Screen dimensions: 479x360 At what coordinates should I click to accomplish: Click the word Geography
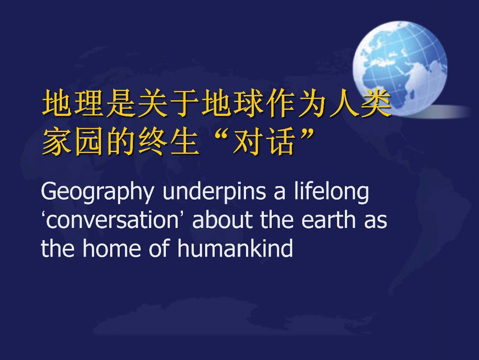click(x=97, y=193)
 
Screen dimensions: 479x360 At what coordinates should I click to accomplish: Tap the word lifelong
click(x=331, y=192)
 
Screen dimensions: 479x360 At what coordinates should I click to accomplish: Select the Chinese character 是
click(x=120, y=103)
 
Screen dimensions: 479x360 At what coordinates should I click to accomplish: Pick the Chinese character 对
click(x=248, y=141)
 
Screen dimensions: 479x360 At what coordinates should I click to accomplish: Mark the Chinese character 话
click(x=280, y=141)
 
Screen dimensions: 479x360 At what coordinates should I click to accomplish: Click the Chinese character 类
click(x=376, y=103)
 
